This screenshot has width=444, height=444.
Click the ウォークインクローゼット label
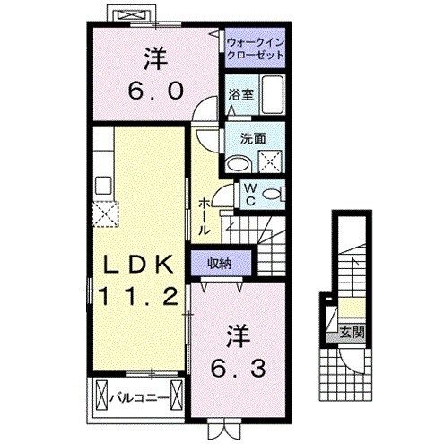tap(255, 47)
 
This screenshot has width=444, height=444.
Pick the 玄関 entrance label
tap(350, 334)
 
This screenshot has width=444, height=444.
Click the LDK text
tap(139, 266)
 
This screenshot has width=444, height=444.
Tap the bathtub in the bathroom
tap(270, 94)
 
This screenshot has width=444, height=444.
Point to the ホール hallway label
tap(205, 215)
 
